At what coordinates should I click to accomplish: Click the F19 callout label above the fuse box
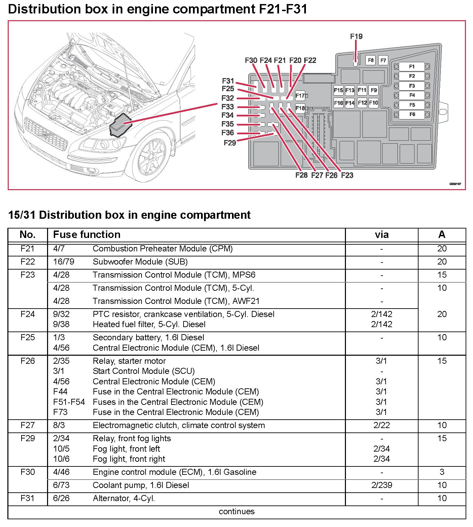coord(356,36)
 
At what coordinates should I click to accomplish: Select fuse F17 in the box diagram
coord(300,96)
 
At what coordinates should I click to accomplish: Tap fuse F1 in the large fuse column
coord(412,67)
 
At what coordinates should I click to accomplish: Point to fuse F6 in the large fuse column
coord(412,114)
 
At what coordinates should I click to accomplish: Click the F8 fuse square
coord(370,60)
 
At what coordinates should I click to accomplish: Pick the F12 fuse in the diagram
coord(362,103)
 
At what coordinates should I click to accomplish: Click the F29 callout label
coord(230,143)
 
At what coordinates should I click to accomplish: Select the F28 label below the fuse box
coord(302,175)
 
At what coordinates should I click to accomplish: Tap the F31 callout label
coord(228,81)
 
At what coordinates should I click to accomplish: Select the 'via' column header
coord(382,235)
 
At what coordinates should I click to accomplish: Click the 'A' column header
coord(442,235)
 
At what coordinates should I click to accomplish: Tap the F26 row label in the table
coord(28,361)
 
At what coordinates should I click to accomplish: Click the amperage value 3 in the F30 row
coord(442,472)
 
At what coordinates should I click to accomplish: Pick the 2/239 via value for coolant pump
coord(382,485)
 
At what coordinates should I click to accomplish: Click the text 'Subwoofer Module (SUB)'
coord(140,262)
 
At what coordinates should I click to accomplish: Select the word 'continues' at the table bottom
coord(237,512)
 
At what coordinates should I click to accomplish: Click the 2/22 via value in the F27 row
coord(382,425)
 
